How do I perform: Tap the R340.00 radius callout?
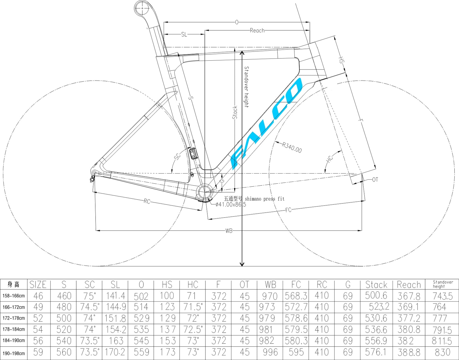292,148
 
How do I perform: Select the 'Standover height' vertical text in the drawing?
246,87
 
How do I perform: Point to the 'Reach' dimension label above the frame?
257,31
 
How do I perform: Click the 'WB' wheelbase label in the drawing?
229,231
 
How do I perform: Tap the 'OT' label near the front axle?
375,180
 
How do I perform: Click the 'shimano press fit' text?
264,199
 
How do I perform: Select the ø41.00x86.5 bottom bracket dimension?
231,205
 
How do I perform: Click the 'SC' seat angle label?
177,157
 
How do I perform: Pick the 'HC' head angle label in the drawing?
330,158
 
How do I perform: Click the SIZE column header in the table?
38,285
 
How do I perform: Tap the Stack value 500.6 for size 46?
376,295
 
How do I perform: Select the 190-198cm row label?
14,353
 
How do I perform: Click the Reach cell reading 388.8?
409,352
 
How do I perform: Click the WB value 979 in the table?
267,318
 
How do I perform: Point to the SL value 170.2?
115,352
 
